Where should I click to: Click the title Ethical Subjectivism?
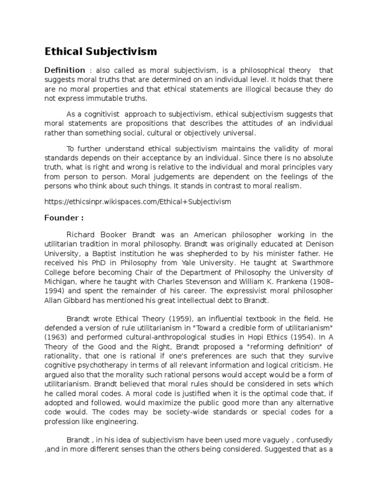point(100,51)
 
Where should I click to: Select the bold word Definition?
point(64,70)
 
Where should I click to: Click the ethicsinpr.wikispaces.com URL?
point(137,201)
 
